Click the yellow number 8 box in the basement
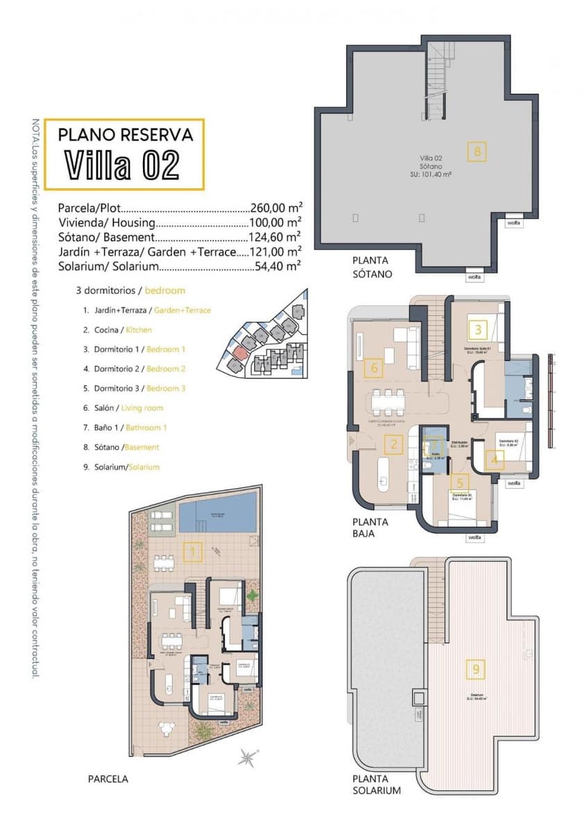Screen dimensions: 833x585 click(x=477, y=151)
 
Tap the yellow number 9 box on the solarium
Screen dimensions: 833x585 click(x=476, y=669)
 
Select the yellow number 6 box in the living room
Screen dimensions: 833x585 click(x=374, y=367)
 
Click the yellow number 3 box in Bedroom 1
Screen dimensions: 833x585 click(x=478, y=330)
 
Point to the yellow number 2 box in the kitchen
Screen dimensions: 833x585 click(x=393, y=444)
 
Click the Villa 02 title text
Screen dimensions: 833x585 click(x=123, y=165)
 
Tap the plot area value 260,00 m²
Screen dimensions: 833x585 click(x=275, y=208)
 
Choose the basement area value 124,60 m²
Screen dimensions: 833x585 click(x=275, y=237)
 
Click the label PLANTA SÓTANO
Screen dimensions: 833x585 click(x=373, y=267)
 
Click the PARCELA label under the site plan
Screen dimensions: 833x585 click(x=108, y=779)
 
